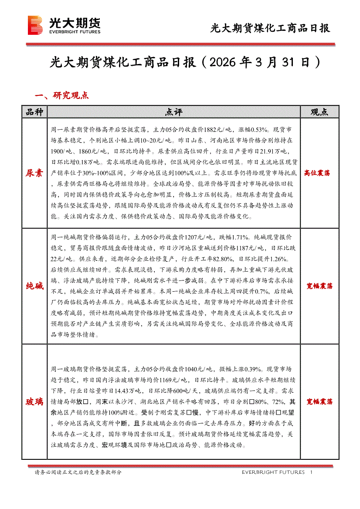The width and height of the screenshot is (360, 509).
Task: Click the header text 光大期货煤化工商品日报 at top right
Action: click(x=270, y=29)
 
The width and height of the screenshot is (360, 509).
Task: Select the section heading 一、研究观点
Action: click(x=62, y=95)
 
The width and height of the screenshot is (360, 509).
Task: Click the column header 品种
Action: click(x=34, y=112)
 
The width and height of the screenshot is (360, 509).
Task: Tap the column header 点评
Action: click(x=173, y=112)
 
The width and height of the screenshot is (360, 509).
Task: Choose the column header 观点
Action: click(x=319, y=112)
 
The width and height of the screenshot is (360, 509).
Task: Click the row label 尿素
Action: click(x=34, y=173)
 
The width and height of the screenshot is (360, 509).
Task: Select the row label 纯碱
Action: click(x=34, y=286)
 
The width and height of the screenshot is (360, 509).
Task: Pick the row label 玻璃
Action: click(x=34, y=401)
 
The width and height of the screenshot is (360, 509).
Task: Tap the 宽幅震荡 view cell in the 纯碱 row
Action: click(x=319, y=286)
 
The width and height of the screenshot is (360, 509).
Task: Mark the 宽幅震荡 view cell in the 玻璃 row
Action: click(x=319, y=401)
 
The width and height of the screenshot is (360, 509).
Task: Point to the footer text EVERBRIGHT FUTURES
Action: click(x=273, y=472)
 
